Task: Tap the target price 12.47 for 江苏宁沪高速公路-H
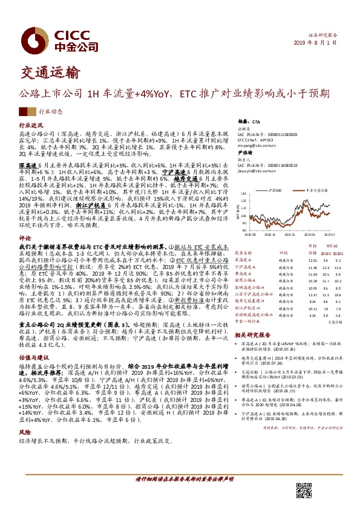point(312,294)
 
